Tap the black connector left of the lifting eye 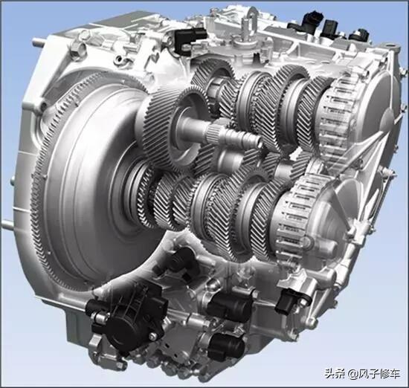pos(188,39)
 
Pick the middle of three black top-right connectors pos(330,28)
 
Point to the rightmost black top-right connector pos(359,34)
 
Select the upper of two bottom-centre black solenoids pos(230,305)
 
